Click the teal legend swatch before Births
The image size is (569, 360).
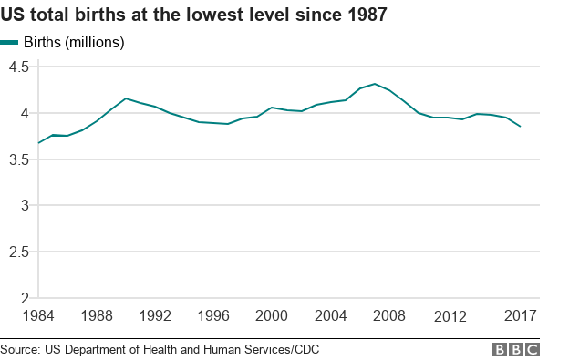pyautogui.click(x=10, y=42)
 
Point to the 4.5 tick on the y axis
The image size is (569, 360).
pyautogui.click(x=19, y=67)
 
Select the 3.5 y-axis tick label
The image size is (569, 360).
pyautogui.click(x=19, y=159)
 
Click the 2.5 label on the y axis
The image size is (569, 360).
pyautogui.click(x=19, y=252)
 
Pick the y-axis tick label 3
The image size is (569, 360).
pyautogui.click(x=25, y=206)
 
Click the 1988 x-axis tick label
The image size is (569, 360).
pyautogui.click(x=96, y=316)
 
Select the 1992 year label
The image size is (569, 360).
pyautogui.click(x=155, y=316)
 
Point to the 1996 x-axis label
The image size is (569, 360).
pyautogui.click(x=214, y=316)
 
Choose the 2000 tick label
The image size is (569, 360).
pyautogui.click(x=273, y=316)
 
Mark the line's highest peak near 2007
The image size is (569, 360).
pyautogui.click(x=375, y=84)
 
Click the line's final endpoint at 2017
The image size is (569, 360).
pyautogui.click(x=521, y=127)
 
